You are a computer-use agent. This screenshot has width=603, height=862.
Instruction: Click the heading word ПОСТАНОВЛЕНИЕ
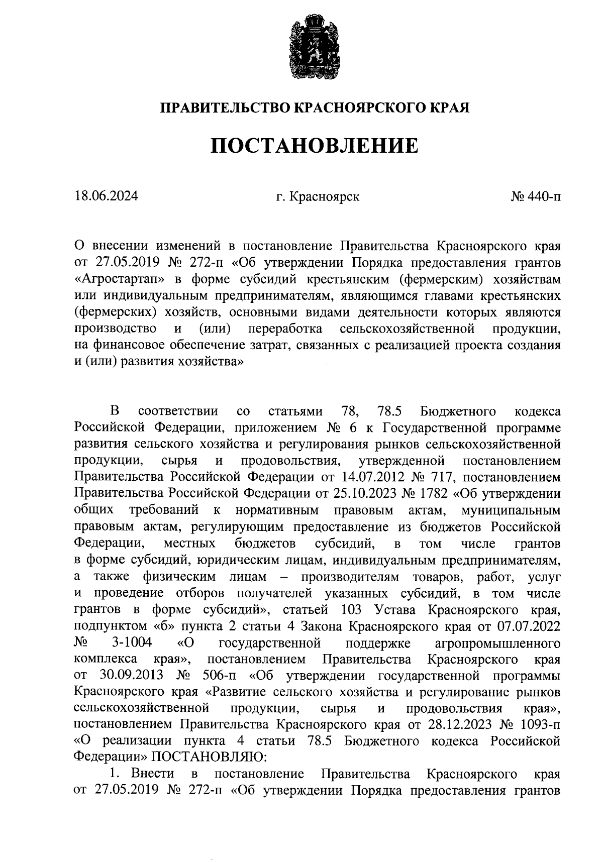click(314, 146)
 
